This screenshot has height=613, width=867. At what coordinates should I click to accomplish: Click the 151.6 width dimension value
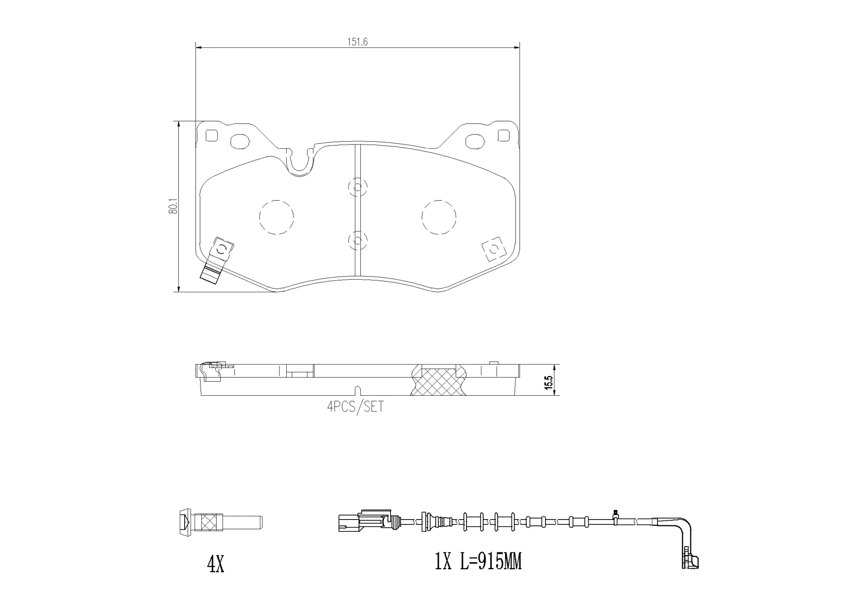tap(357, 42)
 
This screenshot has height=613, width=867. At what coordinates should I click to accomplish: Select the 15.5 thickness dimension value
tap(549, 382)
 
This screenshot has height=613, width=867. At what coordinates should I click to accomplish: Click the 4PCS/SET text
tap(355, 407)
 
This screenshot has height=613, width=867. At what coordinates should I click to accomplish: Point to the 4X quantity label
tap(215, 564)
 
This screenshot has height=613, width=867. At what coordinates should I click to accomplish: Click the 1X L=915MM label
tap(478, 562)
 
